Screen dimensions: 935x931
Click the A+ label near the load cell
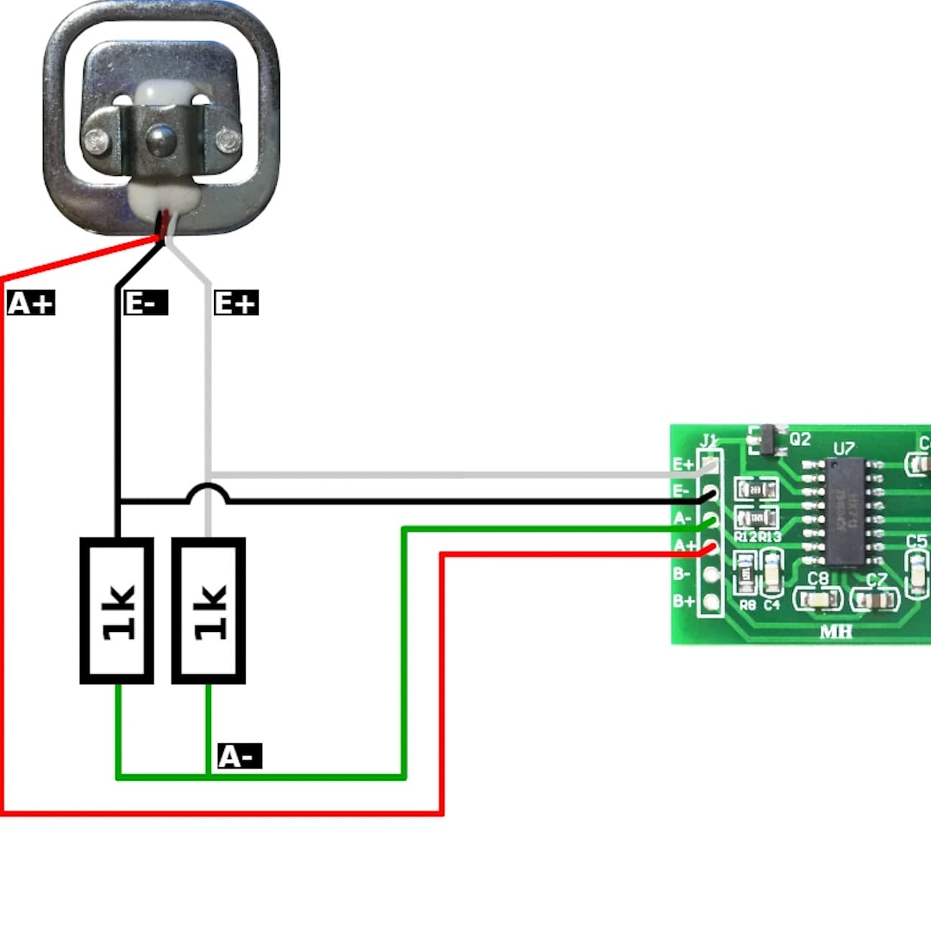click(x=31, y=303)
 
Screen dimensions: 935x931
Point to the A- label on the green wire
click(x=239, y=756)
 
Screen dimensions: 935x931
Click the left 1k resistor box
click(x=116, y=610)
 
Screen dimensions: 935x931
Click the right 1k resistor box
click(x=208, y=610)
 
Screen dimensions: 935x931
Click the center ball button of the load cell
click(x=159, y=139)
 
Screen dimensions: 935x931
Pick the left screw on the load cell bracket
click(x=96, y=141)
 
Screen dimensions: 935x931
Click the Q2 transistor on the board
click(x=766, y=439)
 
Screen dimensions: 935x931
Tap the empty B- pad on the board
click(x=711, y=574)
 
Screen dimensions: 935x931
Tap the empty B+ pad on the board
click(x=711, y=601)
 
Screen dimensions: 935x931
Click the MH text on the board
click(x=835, y=632)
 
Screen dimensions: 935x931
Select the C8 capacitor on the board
click(x=818, y=598)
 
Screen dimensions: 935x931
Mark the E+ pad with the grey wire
click(x=711, y=465)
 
